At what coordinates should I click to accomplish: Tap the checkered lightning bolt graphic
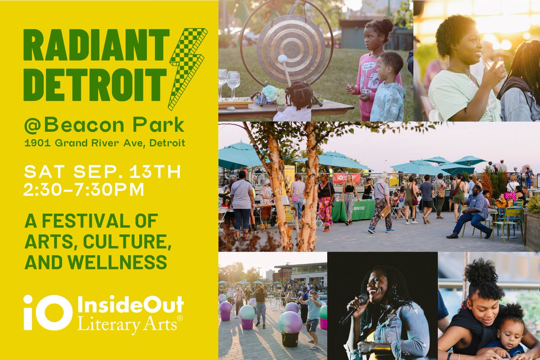[187, 67]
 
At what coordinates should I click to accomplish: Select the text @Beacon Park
[103, 126]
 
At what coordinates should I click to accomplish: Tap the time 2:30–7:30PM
[84, 189]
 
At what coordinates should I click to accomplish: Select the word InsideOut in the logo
[130, 306]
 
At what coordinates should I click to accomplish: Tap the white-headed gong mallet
[283, 59]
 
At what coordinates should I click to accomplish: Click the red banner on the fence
[346, 178]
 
